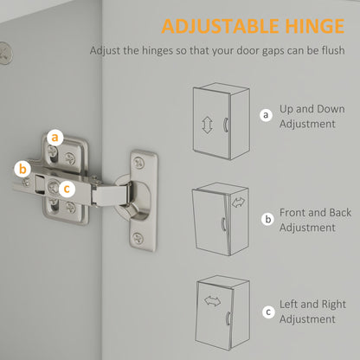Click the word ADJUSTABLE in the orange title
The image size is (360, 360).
[x=220, y=26]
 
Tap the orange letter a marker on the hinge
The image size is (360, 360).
[x=55, y=138]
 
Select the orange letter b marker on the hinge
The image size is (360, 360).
[x=22, y=169]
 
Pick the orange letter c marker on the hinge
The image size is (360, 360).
[x=67, y=190]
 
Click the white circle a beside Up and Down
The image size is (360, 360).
[x=266, y=115]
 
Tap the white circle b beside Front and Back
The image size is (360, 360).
[x=268, y=219]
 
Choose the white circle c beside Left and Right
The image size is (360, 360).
[x=268, y=312]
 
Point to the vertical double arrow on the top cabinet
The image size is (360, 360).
[x=207, y=125]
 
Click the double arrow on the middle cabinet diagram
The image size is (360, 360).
[x=238, y=202]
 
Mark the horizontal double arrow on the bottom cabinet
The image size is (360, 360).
[x=213, y=301]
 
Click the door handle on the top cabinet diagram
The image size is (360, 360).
[x=225, y=125]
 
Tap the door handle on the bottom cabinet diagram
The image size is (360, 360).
[x=228, y=318]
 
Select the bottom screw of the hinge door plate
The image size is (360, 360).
[x=138, y=238]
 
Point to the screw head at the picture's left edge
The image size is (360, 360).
[x=5, y=53]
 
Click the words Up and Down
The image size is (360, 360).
[x=312, y=109]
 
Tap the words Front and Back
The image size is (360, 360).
[x=315, y=213]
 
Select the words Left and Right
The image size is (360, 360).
[x=312, y=305]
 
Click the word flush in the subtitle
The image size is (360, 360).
[x=333, y=50]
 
